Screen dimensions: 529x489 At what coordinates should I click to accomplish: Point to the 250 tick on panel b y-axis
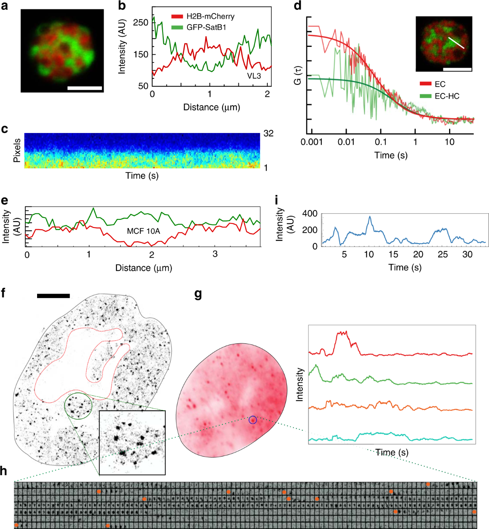[x=141, y=22]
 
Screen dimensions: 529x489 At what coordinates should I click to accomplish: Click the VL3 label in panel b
[x=253, y=76]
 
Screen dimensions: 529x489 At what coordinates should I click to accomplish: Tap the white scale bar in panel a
[x=84, y=88]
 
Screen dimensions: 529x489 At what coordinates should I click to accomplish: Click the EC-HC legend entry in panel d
[x=440, y=96]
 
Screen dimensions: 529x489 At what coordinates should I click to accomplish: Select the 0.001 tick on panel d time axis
[x=312, y=142]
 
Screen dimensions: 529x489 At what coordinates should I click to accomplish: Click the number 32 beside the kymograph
[x=268, y=133]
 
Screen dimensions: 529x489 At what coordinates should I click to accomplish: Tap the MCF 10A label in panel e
[x=143, y=231]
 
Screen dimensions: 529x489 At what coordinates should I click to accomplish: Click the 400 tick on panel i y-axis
[x=310, y=214]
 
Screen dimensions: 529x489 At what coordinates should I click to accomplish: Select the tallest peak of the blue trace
[x=370, y=217]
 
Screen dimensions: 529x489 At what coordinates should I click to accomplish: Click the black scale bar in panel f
[x=53, y=296]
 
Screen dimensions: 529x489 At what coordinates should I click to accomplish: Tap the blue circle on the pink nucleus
[x=253, y=419]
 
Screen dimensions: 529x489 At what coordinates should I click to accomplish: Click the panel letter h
[x=4, y=471]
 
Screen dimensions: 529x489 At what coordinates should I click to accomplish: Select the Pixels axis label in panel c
[x=17, y=151]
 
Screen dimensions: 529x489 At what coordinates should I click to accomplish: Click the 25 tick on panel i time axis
[x=443, y=255]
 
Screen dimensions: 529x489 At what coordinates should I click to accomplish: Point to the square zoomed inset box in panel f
[x=132, y=443]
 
